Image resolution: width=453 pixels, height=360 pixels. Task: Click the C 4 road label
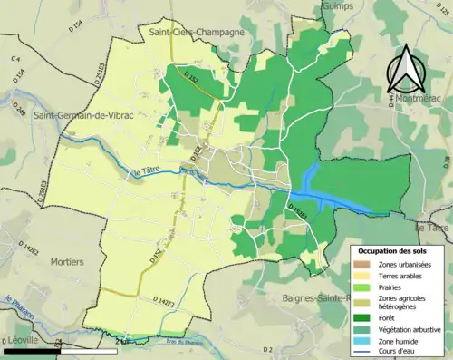[15, 59]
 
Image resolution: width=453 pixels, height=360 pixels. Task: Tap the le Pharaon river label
[18, 304]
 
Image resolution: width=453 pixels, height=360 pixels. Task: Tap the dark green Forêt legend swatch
[361, 316]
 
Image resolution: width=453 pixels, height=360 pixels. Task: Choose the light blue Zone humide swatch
[361, 340]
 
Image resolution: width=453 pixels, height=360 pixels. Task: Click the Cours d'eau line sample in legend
[361, 351]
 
